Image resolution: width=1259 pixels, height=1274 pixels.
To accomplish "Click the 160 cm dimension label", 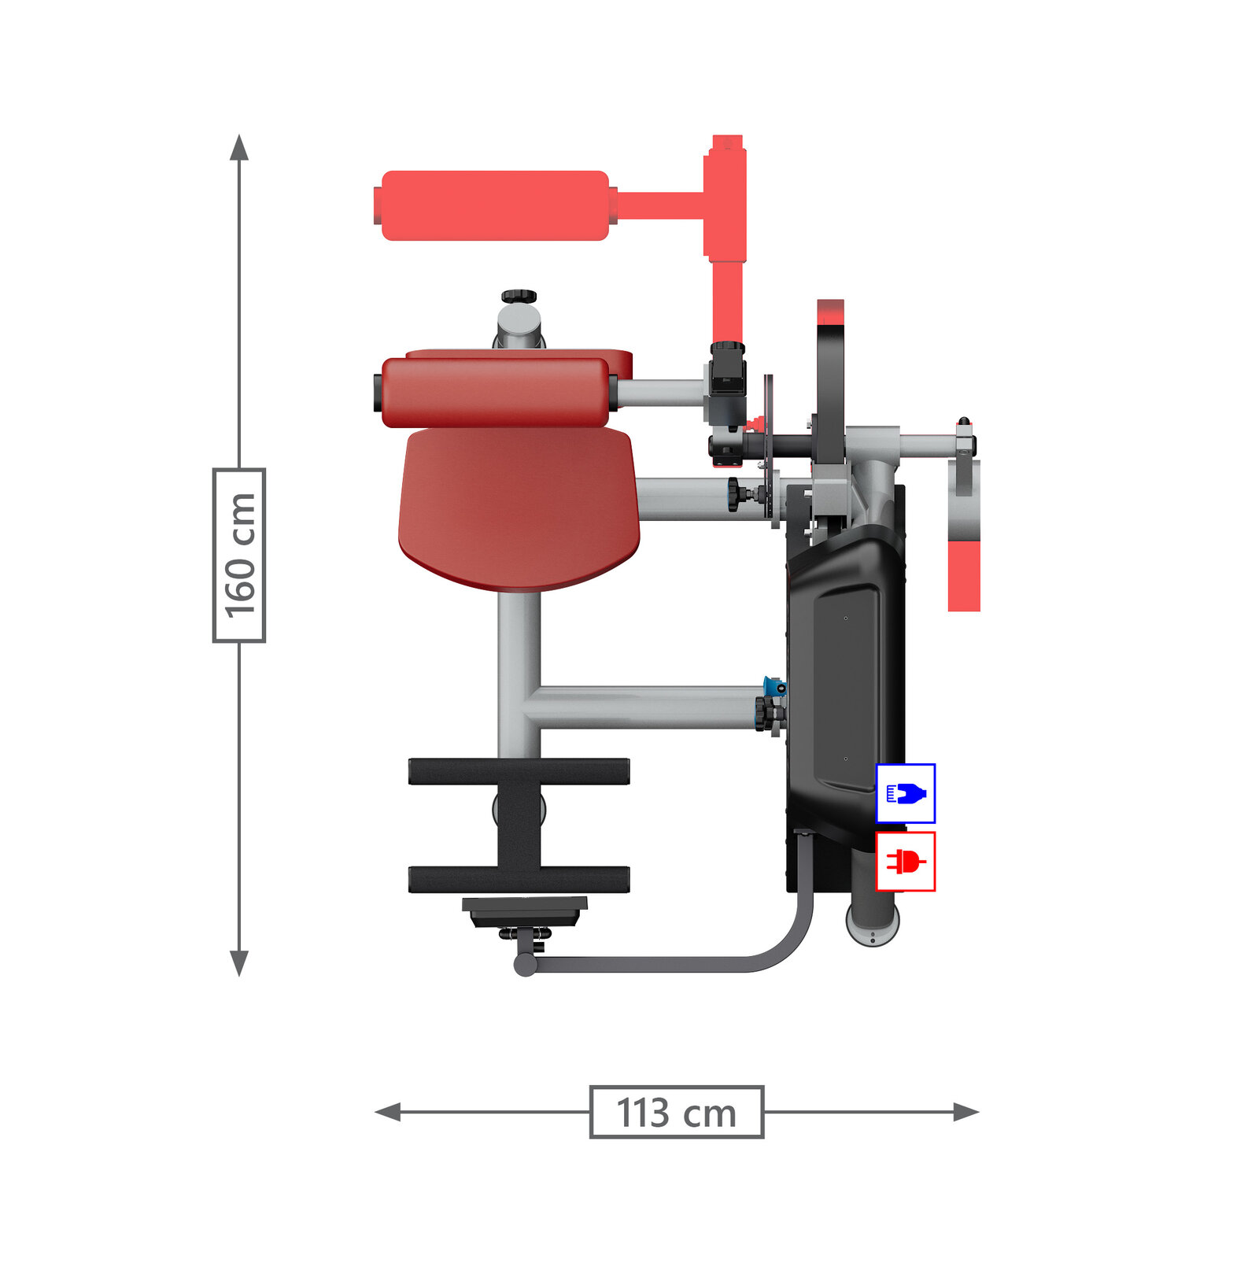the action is click(239, 556).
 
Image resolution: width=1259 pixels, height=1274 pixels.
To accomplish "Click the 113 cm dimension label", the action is click(677, 1112).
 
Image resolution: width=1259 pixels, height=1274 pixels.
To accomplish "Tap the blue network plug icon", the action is click(906, 793).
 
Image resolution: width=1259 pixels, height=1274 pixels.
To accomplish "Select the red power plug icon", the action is click(906, 862).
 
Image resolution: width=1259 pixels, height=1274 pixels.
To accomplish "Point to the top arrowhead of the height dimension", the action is click(239, 146).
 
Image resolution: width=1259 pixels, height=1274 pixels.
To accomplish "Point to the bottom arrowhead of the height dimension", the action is click(239, 963).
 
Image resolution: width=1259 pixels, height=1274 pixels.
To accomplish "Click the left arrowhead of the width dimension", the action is click(388, 1112).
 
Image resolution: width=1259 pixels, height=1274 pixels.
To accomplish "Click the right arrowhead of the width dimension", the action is click(966, 1112).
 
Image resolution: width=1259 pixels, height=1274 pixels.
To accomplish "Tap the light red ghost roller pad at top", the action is click(494, 205).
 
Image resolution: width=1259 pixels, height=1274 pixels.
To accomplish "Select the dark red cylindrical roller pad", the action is click(496, 393).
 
